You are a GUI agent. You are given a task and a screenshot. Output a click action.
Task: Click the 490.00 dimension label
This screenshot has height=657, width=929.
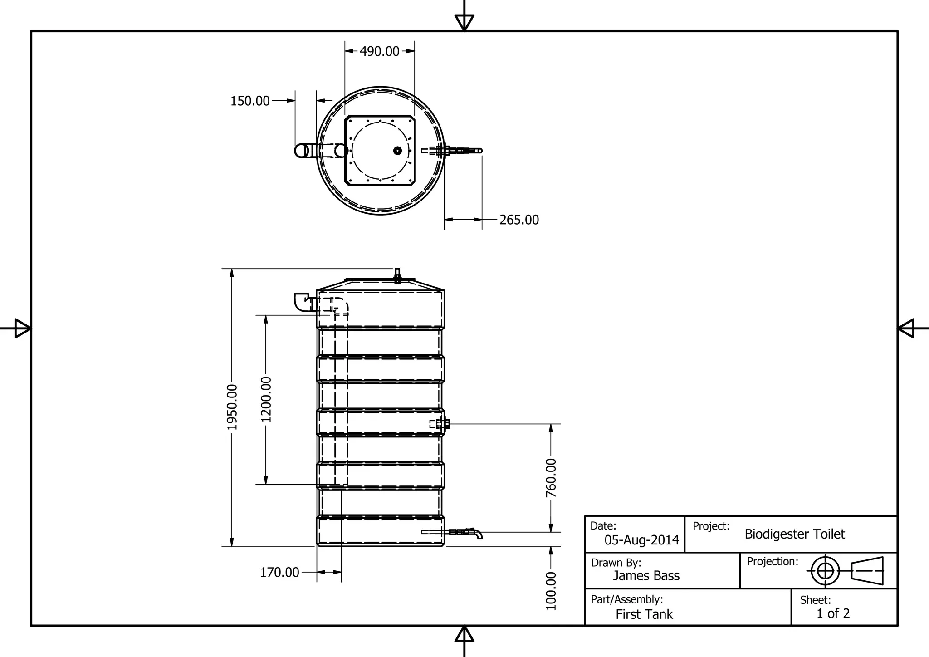[x=380, y=51]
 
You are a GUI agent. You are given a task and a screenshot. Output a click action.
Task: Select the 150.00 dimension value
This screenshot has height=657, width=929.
[x=250, y=101]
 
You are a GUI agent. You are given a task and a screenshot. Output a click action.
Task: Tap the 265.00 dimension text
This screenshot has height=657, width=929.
[x=519, y=220]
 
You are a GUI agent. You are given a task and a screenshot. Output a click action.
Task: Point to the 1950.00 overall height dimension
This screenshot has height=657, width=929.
[x=232, y=407]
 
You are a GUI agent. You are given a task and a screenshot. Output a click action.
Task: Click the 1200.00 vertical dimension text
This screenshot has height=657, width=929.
[x=266, y=399]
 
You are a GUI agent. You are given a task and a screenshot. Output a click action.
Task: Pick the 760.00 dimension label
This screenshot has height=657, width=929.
[x=551, y=478]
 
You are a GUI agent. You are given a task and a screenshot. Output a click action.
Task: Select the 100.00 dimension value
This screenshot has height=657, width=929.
[x=551, y=591]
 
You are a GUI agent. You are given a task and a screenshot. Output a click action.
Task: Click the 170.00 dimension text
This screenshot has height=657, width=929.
[x=279, y=573]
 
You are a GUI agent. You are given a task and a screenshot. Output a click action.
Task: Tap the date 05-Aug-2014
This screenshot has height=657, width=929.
[x=641, y=540]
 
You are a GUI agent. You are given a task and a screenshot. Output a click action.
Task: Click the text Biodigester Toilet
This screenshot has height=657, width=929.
[x=794, y=534]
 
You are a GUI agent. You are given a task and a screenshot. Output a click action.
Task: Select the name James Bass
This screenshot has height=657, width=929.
[x=646, y=576]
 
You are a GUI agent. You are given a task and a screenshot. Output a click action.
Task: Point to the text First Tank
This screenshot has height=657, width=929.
[x=644, y=614]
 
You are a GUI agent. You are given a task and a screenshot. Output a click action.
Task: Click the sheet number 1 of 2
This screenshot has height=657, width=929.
[x=833, y=613]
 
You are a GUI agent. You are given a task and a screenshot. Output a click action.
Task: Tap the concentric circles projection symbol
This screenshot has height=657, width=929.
[x=825, y=571]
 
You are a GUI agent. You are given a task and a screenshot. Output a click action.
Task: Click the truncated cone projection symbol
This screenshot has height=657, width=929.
[x=867, y=571]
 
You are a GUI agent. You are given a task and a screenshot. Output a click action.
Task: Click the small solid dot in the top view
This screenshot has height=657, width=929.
[x=397, y=151]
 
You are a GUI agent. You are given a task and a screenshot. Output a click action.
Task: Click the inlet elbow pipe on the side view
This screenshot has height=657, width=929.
[x=302, y=302]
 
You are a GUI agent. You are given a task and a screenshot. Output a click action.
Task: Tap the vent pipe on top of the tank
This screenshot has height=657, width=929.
[x=398, y=275]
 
